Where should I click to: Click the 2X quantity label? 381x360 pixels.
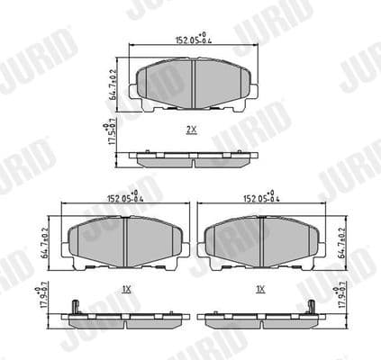coord(191,130)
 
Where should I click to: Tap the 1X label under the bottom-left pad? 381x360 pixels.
coord(126,289)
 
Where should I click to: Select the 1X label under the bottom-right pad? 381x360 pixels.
coord(260,289)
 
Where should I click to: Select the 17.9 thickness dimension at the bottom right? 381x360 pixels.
coord(343,298)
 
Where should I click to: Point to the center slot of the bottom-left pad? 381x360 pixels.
coord(126,240)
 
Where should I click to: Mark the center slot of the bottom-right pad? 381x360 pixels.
coord(262,240)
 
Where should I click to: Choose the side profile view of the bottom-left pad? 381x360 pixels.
coord(126,319)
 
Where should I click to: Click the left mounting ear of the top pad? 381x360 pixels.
coord(133,90)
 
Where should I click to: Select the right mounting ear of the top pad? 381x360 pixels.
coord(257,90)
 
